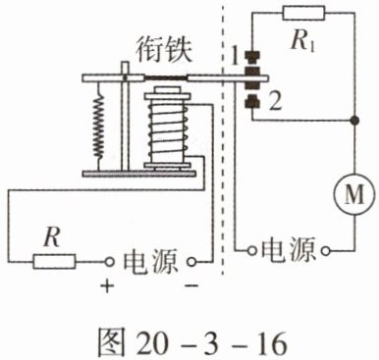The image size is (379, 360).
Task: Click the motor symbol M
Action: [x=354, y=195]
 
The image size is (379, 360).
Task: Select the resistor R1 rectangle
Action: [x=303, y=14]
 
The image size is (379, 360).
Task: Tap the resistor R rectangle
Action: [x=54, y=261]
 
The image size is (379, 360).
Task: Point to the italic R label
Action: [x=52, y=237]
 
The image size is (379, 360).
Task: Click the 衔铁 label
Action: [x=164, y=51]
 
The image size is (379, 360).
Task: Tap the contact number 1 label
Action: [x=235, y=57]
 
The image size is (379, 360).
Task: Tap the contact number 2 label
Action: [x=275, y=102]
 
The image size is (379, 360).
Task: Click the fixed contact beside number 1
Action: [x=252, y=58]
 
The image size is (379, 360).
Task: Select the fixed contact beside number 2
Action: [x=252, y=101]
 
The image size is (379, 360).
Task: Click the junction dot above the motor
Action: [x=354, y=121]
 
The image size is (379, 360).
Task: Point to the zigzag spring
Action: [x=98, y=126]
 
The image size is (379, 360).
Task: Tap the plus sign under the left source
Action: [x=107, y=286]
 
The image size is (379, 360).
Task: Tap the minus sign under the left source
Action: [x=191, y=286]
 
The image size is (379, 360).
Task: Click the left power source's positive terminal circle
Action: [x=109, y=262]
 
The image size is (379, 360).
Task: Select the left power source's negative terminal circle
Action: [x=191, y=262]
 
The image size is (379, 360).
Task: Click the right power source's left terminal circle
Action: [x=251, y=251]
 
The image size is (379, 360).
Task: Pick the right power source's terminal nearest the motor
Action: [x=326, y=251]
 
